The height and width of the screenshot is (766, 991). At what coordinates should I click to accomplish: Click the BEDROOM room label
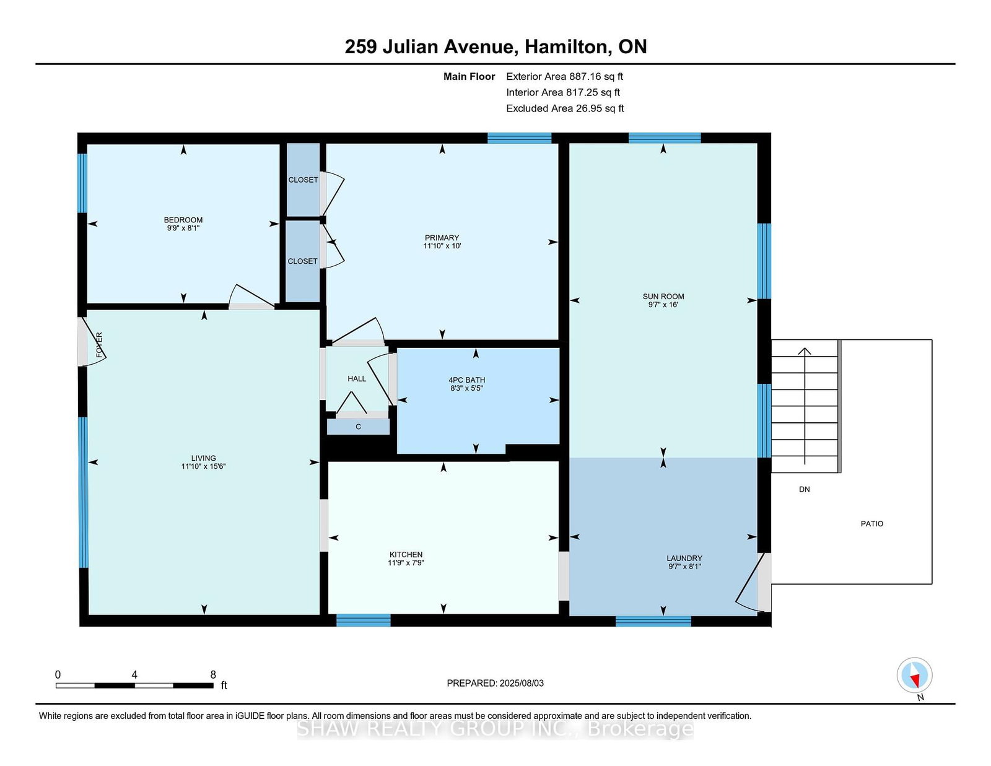click(183, 220)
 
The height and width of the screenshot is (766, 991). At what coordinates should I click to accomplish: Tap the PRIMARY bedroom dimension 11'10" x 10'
click(442, 246)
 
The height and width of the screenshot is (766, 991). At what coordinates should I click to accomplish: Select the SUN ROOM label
click(663, 297)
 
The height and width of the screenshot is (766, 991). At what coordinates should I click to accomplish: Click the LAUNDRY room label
click(684, 558)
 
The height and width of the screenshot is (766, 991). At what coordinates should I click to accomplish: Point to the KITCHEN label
click(406, 554)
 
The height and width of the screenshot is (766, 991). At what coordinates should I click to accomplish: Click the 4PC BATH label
click(466, 380)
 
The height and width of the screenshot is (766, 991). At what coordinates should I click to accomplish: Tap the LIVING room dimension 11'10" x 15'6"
click(203, 466)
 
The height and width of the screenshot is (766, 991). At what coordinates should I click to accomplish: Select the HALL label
click(357, 378)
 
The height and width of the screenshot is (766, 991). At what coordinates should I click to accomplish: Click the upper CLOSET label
click(303, 180)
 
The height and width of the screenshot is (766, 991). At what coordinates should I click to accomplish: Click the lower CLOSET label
click(302, 261)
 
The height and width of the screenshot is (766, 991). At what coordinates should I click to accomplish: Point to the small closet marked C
click(358, 427)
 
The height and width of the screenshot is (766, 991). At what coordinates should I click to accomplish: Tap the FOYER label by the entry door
click(99, 345)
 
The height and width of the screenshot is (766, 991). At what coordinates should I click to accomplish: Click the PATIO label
click(871, 523)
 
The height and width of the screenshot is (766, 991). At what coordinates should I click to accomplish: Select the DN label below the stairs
click(804, 489)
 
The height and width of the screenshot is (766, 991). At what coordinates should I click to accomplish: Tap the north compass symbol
click(914, 676)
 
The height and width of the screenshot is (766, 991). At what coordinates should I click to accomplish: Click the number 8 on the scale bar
click(213, 675)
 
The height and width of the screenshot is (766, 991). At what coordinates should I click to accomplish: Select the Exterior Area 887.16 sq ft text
click(564, 77)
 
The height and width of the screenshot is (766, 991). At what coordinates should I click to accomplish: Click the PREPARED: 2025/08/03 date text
click(495, 683)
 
